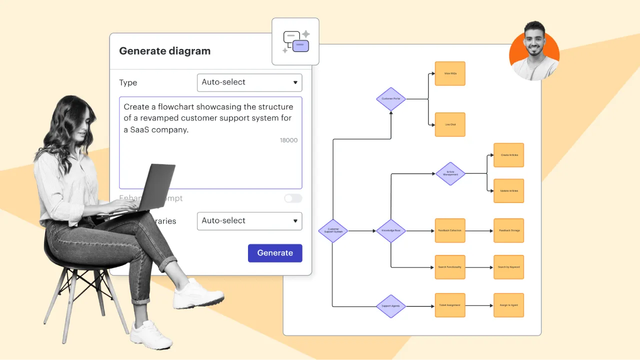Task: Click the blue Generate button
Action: [275, 253]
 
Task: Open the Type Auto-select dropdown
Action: [249, 82]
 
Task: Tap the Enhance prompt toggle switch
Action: [293, 198]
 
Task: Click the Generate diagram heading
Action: [164, 51]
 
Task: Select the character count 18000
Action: [288, 140]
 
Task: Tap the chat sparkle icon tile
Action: [295, 41]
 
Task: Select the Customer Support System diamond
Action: [333, 230]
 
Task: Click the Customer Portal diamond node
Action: [391, 98]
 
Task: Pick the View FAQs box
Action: [450, 73]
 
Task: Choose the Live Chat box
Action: [450, 124]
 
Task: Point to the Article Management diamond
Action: [450, 173]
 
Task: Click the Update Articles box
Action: [508, 191]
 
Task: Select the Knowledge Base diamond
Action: [391, 230]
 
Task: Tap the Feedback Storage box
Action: [508, 230]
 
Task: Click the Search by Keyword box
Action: [508, 267]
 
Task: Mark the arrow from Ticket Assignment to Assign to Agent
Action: [479, 305]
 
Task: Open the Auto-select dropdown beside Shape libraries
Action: [249, 221]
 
